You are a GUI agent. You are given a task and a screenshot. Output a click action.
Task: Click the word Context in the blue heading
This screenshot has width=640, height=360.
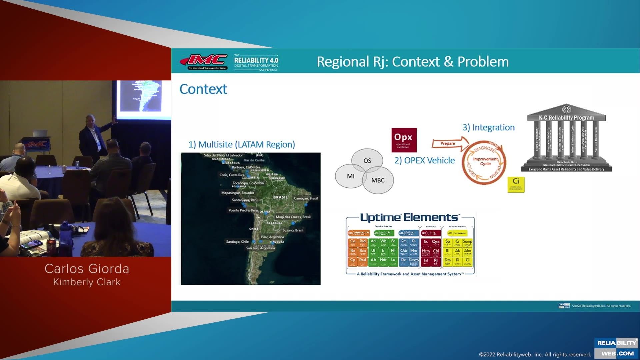pyautogui.click(x=203, y=89)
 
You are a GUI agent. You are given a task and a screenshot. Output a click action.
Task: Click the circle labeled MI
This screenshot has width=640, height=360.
pyautogui.click(x=350, y=176)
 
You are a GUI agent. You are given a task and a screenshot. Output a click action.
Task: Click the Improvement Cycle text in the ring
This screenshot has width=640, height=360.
pyautogui.click(x=485, y=161)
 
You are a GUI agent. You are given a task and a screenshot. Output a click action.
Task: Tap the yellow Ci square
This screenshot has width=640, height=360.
pyautogui.click(x=516, y=184)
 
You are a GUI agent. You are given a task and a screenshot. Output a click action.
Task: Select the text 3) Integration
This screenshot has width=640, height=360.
pyautogui.click(x=488, y=127)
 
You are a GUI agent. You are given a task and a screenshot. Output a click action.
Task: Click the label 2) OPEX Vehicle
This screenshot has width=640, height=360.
pyautogui.click(x=424, y=160)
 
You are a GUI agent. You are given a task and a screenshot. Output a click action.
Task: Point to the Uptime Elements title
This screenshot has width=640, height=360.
pyautogui.click(x=409, y=218)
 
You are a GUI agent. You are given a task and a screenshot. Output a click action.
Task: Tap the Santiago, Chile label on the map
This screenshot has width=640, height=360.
pyautogui.click(x=237, y=242)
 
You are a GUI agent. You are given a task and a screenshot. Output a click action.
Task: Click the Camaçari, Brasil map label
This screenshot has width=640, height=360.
pyautogui.click(x=306, y=198)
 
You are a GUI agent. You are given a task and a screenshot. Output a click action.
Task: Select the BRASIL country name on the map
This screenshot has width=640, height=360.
pyautogui.click(x=280, y=197)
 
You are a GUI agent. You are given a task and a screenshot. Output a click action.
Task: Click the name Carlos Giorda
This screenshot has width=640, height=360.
pyautogui.click(x=87, y=269)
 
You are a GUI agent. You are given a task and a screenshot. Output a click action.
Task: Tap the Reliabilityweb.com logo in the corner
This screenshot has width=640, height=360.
pyautogui.click(x=617, y=348)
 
